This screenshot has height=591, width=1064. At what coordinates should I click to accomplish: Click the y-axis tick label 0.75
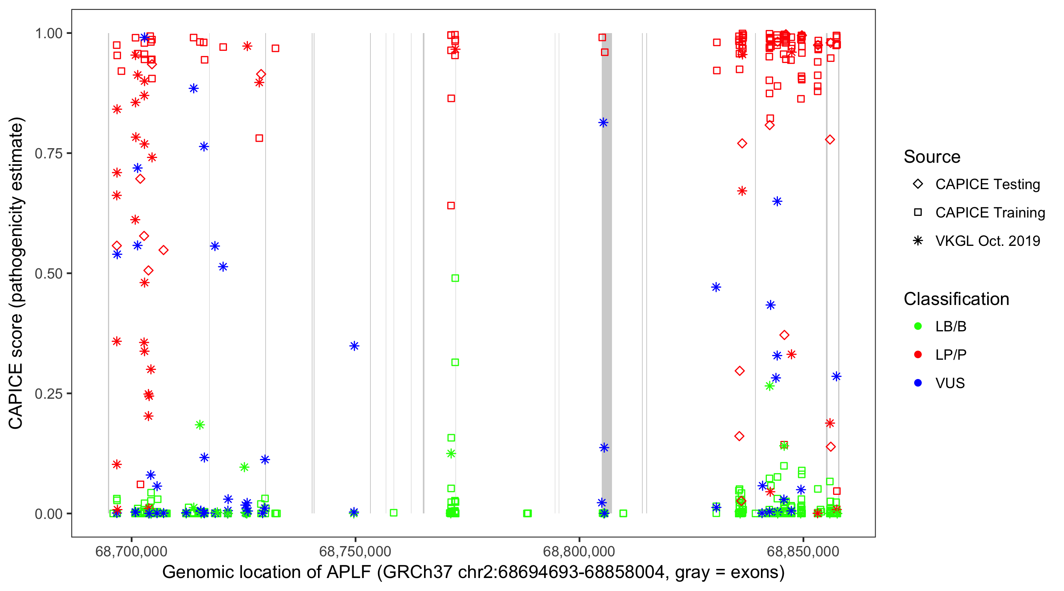point(48,154)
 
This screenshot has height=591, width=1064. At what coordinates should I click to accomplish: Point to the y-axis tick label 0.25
point(48,394)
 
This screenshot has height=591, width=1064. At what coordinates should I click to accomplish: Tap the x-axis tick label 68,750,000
point(355,551)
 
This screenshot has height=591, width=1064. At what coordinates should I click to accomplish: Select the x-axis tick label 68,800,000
point(579,551)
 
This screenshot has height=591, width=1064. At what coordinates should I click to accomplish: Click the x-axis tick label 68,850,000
point(803,551)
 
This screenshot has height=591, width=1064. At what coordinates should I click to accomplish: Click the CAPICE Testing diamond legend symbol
point(918,184)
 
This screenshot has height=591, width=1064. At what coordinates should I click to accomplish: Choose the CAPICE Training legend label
point(990,213)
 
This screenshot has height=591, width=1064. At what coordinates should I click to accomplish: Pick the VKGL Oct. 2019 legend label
point(987,241)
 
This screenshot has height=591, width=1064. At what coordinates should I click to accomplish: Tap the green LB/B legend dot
point(918,326)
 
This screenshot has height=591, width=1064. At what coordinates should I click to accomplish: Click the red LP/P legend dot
point(918,355)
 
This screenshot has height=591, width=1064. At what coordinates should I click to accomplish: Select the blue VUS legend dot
point(918,383)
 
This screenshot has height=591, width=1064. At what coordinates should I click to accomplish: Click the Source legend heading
point(932,157)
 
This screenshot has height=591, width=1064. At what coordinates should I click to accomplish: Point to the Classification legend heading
point(956,299)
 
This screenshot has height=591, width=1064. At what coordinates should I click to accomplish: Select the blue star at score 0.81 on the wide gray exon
point(603,123)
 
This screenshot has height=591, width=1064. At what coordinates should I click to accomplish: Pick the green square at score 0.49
point(455,278)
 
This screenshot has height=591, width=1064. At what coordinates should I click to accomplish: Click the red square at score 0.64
point(451,206)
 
